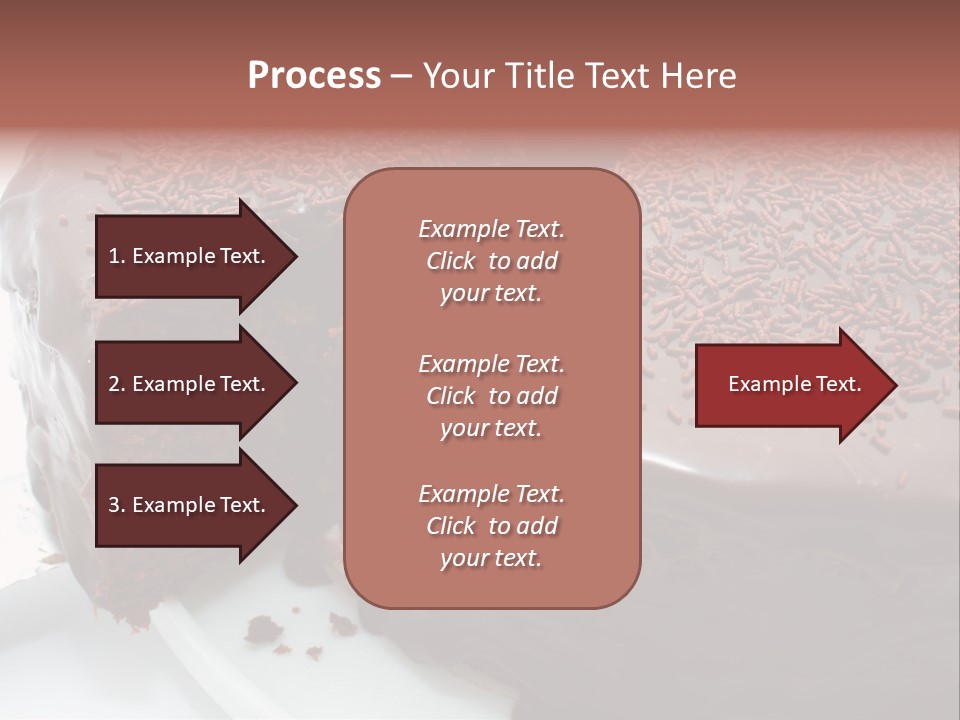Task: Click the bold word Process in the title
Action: pos(314,76)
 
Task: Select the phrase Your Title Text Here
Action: pos(579,76)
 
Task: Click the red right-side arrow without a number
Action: pos(794,385)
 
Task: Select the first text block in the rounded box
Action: pos(491,261)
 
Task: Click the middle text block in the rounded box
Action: pos(491,396)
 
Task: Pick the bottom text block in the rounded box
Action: pos(491,526)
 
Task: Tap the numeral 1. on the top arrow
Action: pos(117,256)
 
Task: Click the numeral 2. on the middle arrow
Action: pos(117,384)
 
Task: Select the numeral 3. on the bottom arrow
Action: pos(117,505)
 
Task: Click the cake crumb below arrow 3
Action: pos(264,629)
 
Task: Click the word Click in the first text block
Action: pos(451,261)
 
